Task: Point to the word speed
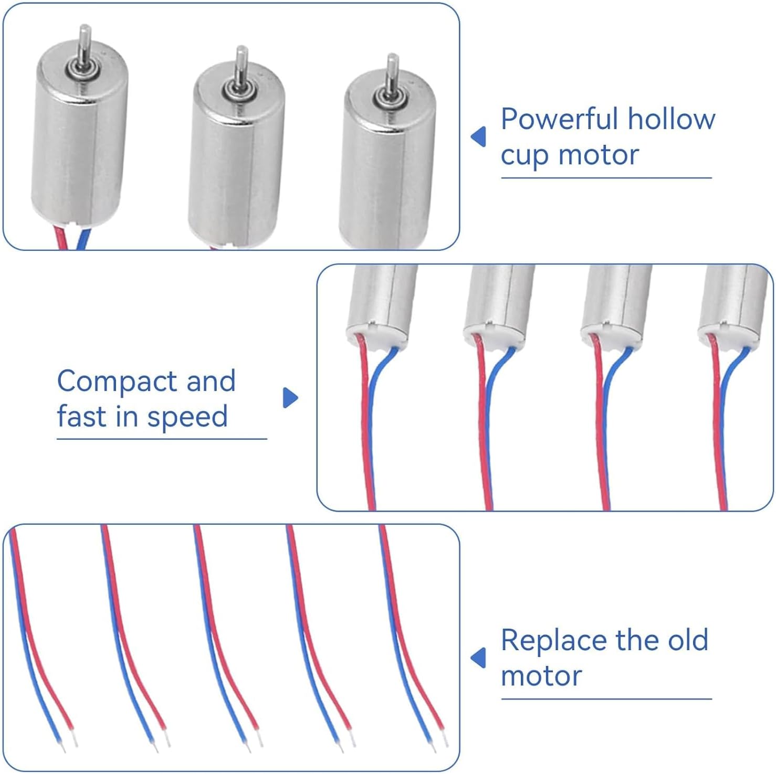click(187, 417)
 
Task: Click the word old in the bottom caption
click(688, 640)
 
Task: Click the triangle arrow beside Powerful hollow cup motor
click(478, 137)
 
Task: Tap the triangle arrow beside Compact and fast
click(290, 398)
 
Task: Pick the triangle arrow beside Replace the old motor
click(478, 658)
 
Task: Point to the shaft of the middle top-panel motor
click(241, 66)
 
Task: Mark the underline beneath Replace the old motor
click(606, 699)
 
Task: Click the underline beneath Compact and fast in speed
click(162, 439)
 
